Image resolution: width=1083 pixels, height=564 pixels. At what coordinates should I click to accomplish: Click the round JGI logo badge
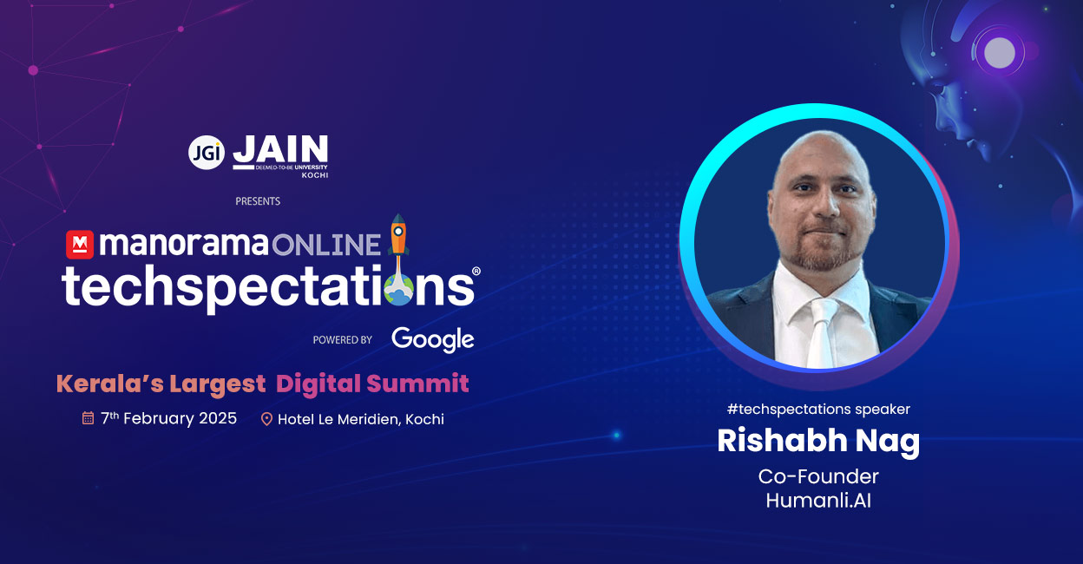tap(207, 152)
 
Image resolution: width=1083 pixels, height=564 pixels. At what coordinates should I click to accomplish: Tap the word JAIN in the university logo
tap(280, 149)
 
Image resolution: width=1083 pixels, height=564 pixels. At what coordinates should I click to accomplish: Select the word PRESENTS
tap(258, 201)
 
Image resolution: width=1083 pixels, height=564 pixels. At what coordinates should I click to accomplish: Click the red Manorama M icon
tap(80, 245)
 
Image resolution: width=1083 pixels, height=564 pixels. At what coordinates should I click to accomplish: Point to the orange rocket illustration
tap(398, 235)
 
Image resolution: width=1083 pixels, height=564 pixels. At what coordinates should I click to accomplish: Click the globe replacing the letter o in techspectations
tap(399, 290)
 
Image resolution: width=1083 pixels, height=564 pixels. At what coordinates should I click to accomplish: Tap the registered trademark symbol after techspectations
tap(476, 271)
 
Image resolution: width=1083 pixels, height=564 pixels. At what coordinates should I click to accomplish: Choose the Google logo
tap(433, 339)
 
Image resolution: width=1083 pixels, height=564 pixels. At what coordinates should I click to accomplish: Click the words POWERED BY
tap(342, 340)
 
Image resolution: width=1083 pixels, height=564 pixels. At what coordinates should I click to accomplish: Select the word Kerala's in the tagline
tap(110, 384)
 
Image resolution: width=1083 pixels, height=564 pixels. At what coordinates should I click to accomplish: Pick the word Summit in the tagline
tap(417, 384)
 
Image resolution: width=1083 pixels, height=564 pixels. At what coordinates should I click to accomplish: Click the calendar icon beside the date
tap(88, 417)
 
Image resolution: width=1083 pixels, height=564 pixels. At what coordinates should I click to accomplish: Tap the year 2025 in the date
tap(218, 418)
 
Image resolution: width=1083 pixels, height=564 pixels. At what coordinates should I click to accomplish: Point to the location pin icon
tap(266, 419)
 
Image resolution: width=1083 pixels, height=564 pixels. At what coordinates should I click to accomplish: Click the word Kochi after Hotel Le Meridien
tap(424, 419)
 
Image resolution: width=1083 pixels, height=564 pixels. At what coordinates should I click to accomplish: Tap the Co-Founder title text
tap(818, 476)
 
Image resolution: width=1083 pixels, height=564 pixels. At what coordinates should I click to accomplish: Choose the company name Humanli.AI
tap(818, 500)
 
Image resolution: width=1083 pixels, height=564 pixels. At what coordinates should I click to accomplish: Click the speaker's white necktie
tap(822, 333)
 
